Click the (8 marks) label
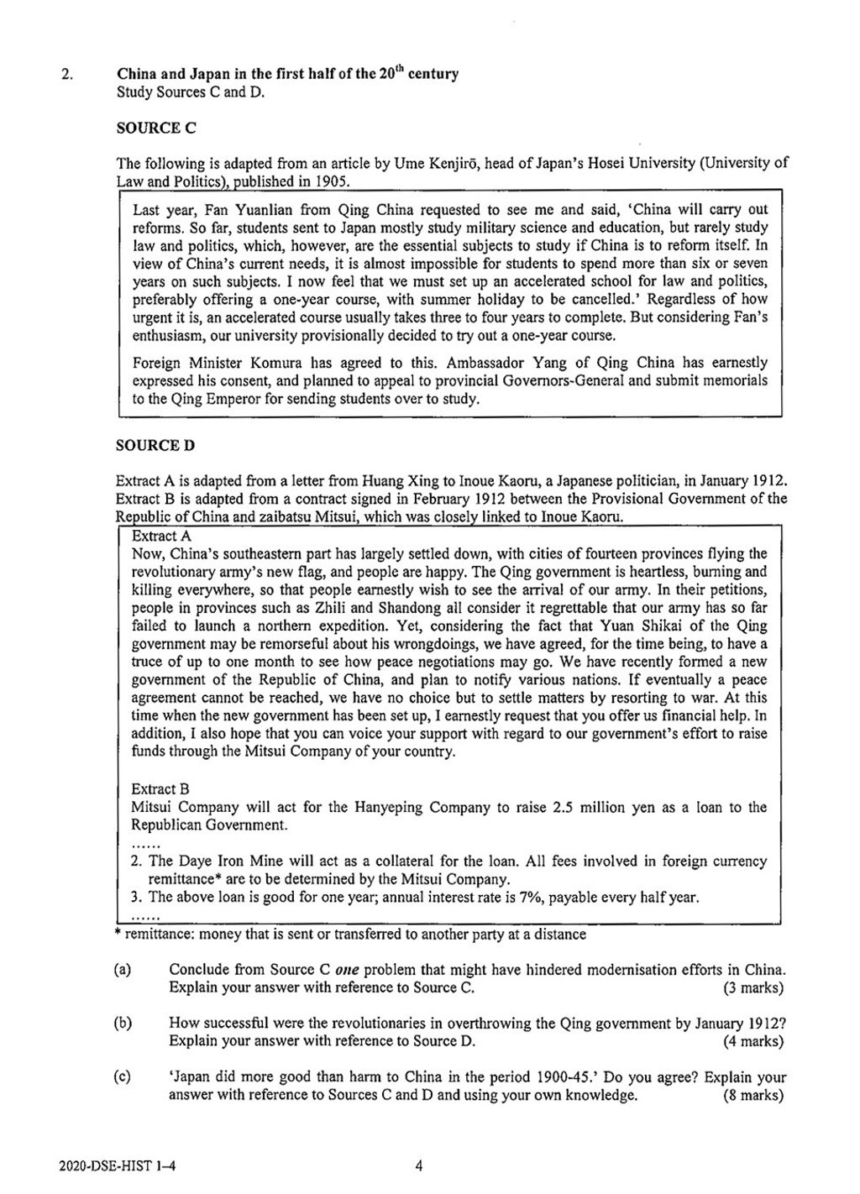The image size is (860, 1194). (752, 1095)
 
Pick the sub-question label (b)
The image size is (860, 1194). (123, 1024)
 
